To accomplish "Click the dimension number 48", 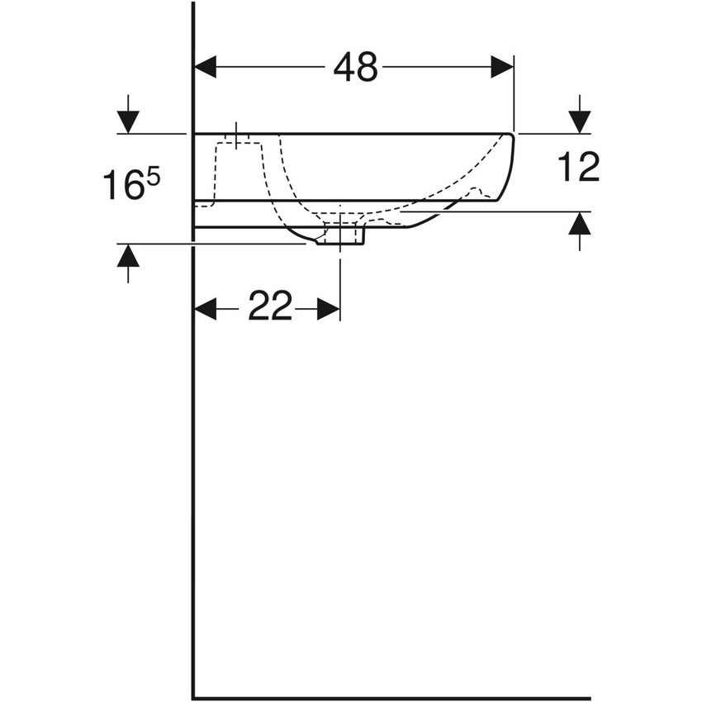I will tap(355, 68).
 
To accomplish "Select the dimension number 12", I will tap(578, 168).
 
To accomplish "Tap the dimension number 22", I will tap(270, 309).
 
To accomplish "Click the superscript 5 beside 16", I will tap(154, 176).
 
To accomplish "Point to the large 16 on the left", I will tap(122, 186).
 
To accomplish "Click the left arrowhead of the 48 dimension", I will tap(205, 67).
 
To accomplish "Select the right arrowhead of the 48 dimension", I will tap(502, 67).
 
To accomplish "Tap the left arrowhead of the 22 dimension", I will tap(205, 309).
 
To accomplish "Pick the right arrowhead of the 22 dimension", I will tap(329, 309).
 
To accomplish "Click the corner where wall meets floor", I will tap(193, 698).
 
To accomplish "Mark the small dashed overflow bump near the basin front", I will tap(474, 192).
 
